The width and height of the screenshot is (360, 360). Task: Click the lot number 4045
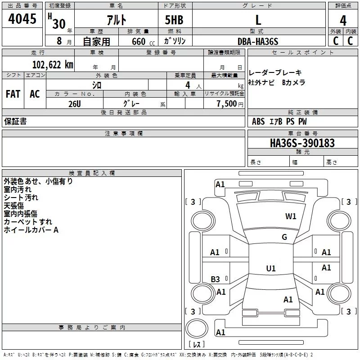(x=22, y=19)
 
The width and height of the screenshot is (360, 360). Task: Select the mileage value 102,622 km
(x=53, y=65)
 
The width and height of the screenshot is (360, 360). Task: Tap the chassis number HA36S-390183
(x=302, y=143)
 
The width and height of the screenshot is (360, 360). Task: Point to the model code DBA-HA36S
(x=258, y=41)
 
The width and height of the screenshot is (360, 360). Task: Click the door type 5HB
(x=174, y=20)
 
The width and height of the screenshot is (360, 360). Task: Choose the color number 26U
(x=75, y=104)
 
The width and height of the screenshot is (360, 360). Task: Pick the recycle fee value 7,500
(x=227, y=103)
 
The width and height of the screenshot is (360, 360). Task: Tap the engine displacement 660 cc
(x=143, y=42)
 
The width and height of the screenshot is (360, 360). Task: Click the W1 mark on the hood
(x=291, y=216)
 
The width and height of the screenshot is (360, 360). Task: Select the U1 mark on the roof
(x=271, y=268)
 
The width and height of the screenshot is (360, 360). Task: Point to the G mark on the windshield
(x=284, y=237)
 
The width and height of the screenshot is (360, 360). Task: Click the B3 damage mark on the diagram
(x=215, y=279)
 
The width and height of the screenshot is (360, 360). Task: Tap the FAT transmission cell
(x=13, y=94)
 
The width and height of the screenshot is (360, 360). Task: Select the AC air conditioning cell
(x=35, y=94)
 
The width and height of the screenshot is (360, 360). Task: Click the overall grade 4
(x=343, y=21)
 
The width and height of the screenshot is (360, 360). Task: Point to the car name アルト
(x=117, y=20)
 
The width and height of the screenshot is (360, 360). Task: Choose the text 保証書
(x=15, y=121)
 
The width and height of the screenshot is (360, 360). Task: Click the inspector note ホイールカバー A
(x=31, y=230)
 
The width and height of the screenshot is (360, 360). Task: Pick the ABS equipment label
(x=258, y=121)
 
